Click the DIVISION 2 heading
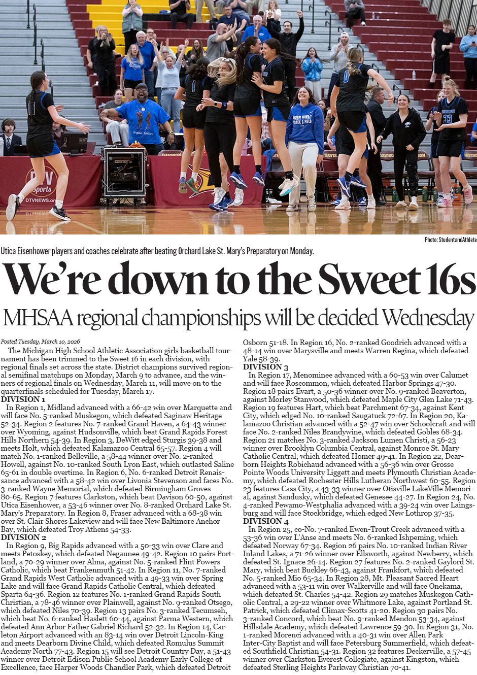(23, 537)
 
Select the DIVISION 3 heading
(265, 367)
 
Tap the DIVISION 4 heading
(265, 521)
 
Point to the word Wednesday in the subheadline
(428, 318)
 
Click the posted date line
(40, 342)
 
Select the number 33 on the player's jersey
(447, 119)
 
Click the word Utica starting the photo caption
(8, 251)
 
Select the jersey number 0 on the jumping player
(347, 77)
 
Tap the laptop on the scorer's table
(74, 143)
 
